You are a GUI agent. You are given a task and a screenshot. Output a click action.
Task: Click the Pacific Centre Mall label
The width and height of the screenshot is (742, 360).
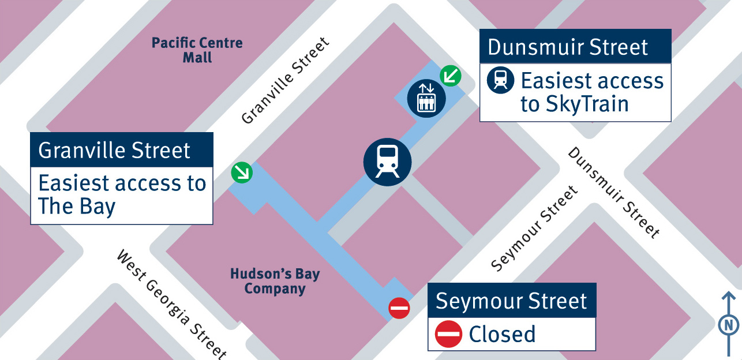197,50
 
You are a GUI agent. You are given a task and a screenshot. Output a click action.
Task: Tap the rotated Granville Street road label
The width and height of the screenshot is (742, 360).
285,81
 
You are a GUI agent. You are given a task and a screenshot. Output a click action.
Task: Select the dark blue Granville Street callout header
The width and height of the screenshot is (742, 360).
122,151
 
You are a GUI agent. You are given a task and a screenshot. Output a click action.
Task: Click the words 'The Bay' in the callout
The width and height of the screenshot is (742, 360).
77,206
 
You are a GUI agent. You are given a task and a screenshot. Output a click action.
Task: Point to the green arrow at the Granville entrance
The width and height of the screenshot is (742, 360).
241,172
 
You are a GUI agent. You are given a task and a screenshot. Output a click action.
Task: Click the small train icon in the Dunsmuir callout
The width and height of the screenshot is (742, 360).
500,81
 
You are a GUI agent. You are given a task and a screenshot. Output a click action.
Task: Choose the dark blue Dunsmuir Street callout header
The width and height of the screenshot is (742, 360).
575,47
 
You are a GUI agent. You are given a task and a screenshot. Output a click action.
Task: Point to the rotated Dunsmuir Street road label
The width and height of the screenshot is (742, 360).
613,193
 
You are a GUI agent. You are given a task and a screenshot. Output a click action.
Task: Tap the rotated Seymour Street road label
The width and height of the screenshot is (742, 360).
534,228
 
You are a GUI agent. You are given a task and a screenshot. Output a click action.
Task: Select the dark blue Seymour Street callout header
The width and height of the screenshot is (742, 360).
511,301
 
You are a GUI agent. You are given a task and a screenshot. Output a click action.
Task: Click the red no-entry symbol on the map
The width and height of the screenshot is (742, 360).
399,308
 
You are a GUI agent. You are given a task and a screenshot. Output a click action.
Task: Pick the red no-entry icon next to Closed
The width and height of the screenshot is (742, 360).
449,334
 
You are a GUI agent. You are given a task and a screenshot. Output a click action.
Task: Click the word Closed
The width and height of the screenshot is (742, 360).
502,334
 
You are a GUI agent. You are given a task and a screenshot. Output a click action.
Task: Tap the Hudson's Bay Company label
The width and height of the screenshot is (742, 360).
275,281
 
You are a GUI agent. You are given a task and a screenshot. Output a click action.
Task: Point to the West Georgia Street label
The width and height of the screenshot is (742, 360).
172,304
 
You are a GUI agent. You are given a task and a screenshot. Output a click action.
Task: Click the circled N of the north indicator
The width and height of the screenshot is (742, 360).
729,325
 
